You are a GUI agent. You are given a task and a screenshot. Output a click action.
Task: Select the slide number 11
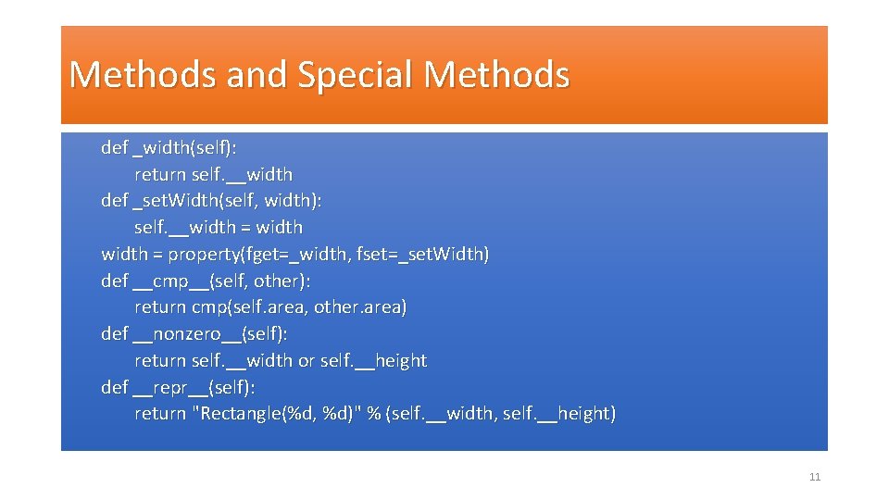click(815, 477)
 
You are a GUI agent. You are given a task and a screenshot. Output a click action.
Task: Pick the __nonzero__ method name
click(187, 333)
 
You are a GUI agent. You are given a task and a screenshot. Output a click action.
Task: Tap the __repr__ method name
click(172, 387)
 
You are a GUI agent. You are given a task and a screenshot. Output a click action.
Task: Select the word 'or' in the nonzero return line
click(307, 360)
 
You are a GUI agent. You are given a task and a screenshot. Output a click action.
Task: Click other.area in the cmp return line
click(360, 306)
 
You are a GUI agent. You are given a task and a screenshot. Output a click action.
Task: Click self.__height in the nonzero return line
click(373, 360)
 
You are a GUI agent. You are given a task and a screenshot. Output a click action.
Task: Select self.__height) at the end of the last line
click(558, 413)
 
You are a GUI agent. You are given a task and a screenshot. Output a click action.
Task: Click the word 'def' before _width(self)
click(115, 147)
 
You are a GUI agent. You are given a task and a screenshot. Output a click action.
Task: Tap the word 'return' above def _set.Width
click(160, 174)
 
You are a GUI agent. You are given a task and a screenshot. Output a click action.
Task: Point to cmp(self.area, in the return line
click(250, 306)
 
